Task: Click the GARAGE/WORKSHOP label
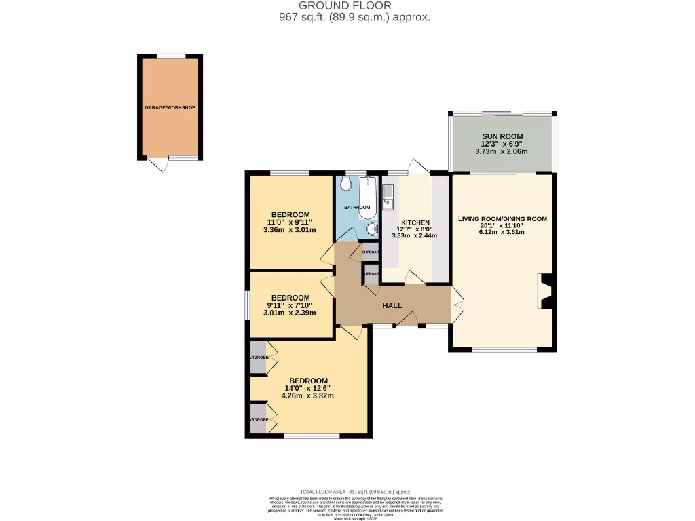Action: pyautogui.click(x=169, y=108)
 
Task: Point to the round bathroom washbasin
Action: pyautogui.click(x=371, y=230)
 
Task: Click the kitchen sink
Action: pyautogui.click(x=389, y=195)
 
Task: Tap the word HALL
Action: pyautogui.click(x=392, y=305)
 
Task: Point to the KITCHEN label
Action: pyautogui.click(x=415, y=223)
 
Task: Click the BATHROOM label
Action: pyautogui.click(x=357, y=207)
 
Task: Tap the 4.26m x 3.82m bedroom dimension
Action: pyautogui.click(x=309, y=396)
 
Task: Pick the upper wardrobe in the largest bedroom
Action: pyautogui.click(x=259, y=358)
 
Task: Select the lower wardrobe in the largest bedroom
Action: pyautogui.click(x=259, y=419)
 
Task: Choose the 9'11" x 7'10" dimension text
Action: pyautogui.click(x=290, y=305)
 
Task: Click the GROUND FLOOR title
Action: pyautogui.click(x=345, y=6)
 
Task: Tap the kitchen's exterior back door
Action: pyautogui.click(x=417, y=166)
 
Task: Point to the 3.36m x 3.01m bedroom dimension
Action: pyautogui.click(x=290, y=230)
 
